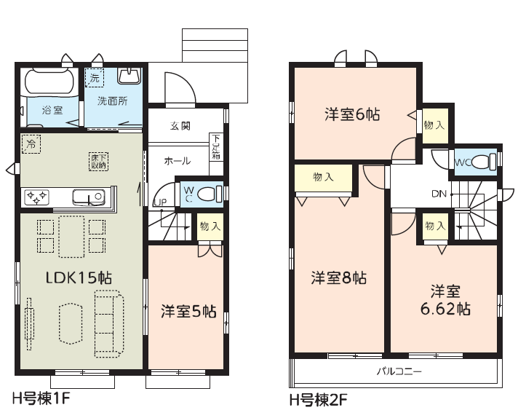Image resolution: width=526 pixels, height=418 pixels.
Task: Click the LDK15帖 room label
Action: pyautogui.click(x=79, y=277)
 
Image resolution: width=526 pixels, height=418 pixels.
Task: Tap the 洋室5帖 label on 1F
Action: pyautogui.click(x=188, y=312)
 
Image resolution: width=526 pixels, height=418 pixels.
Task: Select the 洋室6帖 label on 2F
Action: pyautogui.click(x=352, y=114)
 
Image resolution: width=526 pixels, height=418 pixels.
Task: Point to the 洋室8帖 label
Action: pyautogui.click(x=339, y=278)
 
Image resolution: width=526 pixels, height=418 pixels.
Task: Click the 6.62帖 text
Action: pyautogui.click(x=445, y=309)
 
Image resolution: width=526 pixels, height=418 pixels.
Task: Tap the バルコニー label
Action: pyautogui.click(x=399, y=371)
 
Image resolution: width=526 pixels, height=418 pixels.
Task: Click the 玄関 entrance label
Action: pyautogui.click(x=180, y=126)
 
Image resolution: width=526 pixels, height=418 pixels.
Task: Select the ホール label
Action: pyautogui.click(x=177, y=161)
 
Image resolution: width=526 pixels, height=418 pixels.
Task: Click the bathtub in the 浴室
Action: pyautogui.click(x=49, y=82)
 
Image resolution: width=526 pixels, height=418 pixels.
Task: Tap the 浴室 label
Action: pyautogui.click(x=52, y=110)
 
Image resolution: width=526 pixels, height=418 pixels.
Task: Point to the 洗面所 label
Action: pyautogui.click(x=112, y=101)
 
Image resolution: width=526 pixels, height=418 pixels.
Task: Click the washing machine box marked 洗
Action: pyautogui.click(x=95, y=78)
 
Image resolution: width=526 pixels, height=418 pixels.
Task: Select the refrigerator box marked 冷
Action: pyautogui.click(x=31, y=144)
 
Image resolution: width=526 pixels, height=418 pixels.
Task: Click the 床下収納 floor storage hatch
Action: pyautogui.click(x=99, y=162)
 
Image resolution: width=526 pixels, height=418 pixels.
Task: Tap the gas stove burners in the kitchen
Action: pyautogui.click(x=36, y=197)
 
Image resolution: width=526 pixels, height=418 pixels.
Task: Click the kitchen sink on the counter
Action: pyautogui.click(x=89, y=197)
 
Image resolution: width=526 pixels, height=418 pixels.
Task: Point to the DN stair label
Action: pyautogui.click(x=439, y=194)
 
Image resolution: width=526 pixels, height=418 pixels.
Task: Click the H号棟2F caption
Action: pyautogui.click(x=319, y=400)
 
